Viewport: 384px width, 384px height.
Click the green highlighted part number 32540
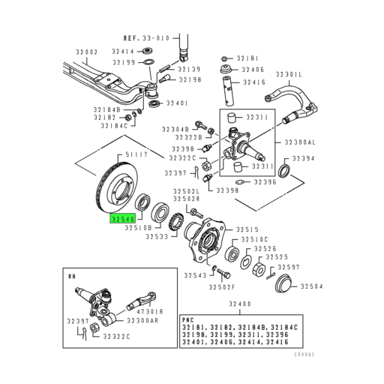tap(122, 220)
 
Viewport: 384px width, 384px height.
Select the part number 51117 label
tap(138, 155)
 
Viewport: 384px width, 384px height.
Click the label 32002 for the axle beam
tap(87, 52)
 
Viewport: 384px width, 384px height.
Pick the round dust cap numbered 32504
tap(283, 286)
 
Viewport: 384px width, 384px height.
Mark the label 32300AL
tap(300, 141)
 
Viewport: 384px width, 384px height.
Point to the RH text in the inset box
tap(73, 277)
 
